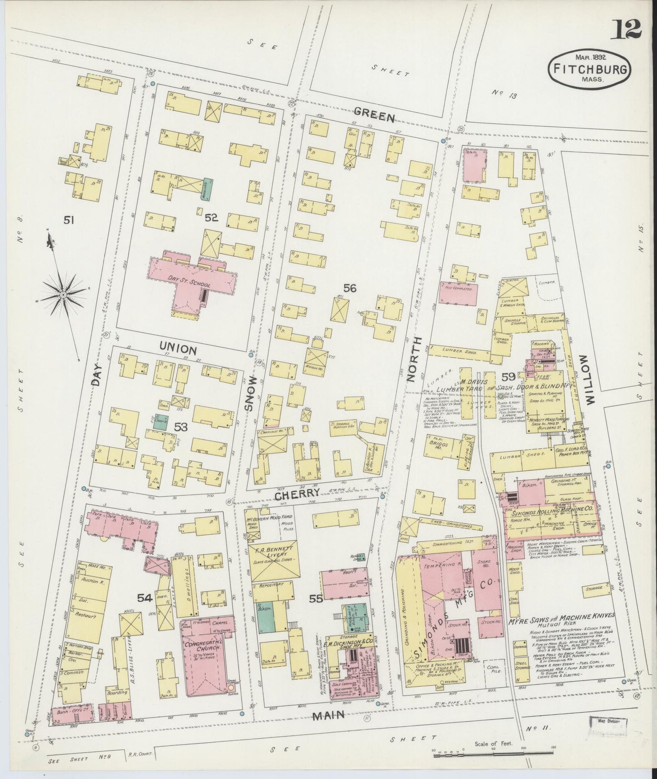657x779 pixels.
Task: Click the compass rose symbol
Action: coord(63,295)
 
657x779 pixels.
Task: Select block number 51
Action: coord(69,220)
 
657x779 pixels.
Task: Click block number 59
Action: coord(508,376)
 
